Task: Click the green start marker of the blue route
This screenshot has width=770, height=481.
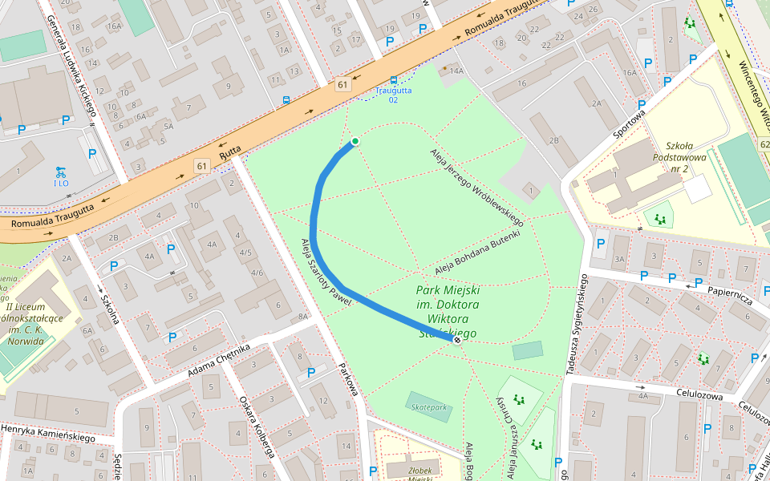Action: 355,142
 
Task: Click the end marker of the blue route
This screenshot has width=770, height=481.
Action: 457,341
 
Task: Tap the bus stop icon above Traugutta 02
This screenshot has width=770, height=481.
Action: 393,80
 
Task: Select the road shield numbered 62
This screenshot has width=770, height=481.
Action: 763,143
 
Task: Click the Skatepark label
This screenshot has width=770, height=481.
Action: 428,407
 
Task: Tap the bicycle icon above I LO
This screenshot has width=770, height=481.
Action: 60,172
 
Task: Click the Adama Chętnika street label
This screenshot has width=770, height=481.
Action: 219,361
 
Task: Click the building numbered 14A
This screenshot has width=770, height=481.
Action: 456,71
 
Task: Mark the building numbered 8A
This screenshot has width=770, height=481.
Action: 302,317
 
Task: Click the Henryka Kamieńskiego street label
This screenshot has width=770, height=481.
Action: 47,433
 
